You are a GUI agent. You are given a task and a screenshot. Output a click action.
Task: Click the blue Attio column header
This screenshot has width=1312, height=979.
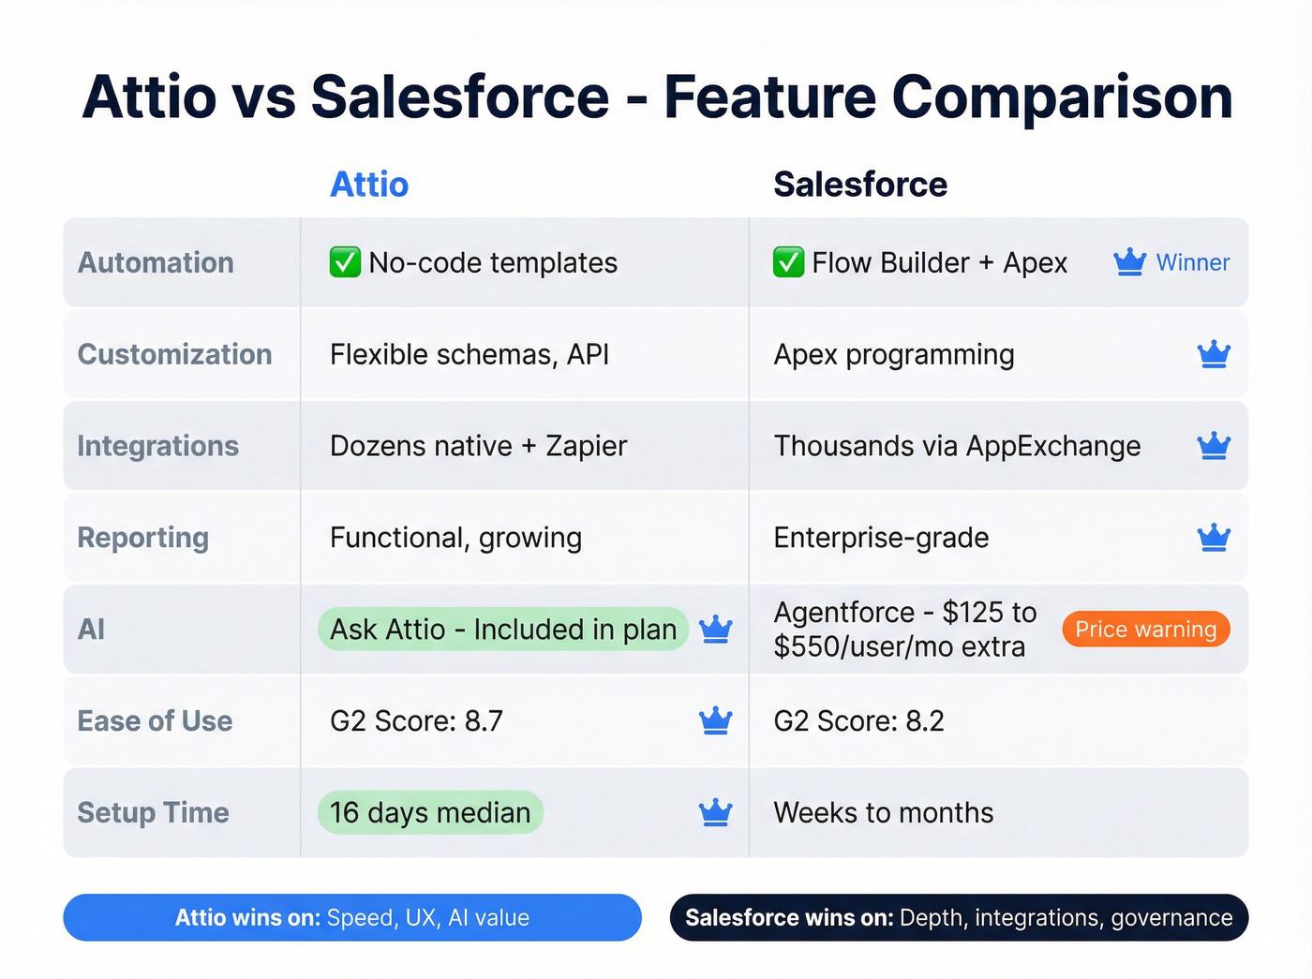(369, 185)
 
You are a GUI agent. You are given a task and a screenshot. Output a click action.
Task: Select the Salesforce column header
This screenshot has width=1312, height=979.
(859, 185)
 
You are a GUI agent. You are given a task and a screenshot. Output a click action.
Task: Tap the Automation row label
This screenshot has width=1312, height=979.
(156, 263)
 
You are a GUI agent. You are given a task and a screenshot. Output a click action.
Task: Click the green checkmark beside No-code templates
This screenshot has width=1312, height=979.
(345, 262)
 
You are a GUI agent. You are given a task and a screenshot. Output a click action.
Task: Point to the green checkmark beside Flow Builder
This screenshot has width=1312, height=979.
(788, 262)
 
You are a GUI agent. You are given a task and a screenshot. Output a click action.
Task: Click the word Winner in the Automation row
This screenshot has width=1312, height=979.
(1192, 263)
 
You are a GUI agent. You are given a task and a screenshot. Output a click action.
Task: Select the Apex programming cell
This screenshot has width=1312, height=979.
(893, 355)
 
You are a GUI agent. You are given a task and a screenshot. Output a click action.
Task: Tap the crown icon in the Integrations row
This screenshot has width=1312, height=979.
(1214, 446)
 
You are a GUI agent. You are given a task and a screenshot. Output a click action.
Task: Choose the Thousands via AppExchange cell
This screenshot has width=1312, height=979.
(957, 447)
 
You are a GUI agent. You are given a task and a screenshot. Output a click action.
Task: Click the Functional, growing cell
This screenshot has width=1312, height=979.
(455, 539)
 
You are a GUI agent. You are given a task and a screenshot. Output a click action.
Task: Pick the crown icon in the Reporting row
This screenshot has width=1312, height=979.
(1214, 538)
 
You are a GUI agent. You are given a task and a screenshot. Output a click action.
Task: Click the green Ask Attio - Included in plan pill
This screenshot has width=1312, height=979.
(503, 630)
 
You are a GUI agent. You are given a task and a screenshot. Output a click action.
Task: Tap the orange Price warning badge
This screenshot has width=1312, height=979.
(1145, 630)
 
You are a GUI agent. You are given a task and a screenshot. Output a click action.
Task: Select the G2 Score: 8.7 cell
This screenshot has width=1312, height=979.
(416, 721)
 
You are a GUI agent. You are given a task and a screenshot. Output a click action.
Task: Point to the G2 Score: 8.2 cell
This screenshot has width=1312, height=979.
(858, 721)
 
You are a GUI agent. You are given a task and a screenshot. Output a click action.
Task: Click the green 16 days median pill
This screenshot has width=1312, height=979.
(430, 812)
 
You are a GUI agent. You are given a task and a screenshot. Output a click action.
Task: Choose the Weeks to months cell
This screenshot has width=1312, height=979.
(883, 813)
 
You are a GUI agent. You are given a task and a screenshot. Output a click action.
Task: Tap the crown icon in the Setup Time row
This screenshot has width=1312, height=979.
(715, 812)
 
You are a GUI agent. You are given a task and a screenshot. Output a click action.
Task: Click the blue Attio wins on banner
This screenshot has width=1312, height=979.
(352, 917)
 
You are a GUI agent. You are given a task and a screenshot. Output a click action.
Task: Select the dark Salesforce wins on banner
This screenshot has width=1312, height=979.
(959, 917)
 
